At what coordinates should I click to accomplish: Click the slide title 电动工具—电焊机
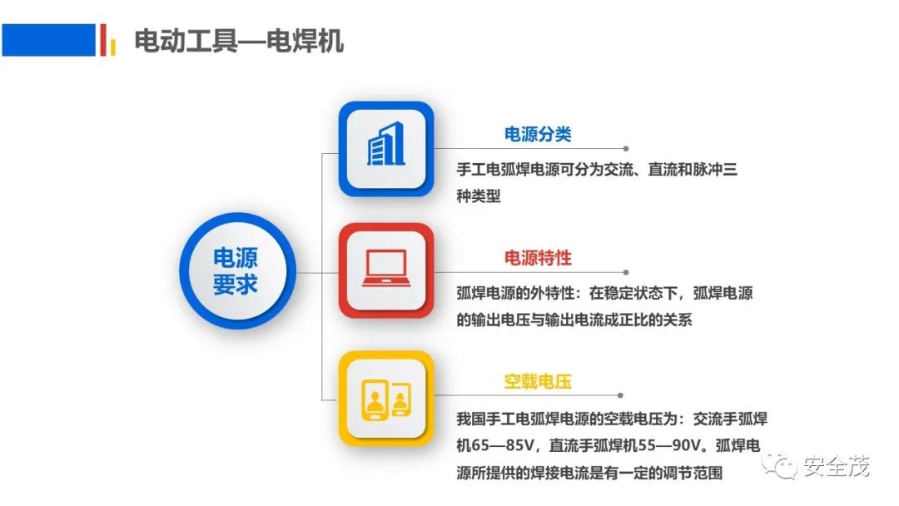pyautogui.click(x=239, y=42)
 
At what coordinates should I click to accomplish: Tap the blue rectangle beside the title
pyautogui.click(x=49, y=40)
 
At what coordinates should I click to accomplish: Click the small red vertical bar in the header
pyautogui.click(x=103, y=40)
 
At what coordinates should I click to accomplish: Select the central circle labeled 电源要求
pyautogui.click(x=237, y=271)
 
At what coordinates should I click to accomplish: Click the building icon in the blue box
pyautogui.click(x=386, y=145)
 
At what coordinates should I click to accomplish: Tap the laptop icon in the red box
pyautogui.click(x=386, y=268)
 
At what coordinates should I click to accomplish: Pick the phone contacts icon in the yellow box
pyautogui.click(x=386, y=399)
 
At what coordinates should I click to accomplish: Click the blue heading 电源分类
pyautogui.click(x=538, y=134)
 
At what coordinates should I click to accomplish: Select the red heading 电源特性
pyautogui.click(x=538, y=258)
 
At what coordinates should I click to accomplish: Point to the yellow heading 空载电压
pyautogui.click(x=538, y=382)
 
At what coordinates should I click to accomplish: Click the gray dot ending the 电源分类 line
pyautogui.click(x=625, y=149)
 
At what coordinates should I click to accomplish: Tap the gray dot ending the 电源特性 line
pyautogui.click(x=625, y=272)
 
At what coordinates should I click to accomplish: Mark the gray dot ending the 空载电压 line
pyautogui.click(x=620, y=395)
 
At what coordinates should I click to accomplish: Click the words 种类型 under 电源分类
pyautogui.click(x=478, y=196)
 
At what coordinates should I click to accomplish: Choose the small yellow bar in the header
pyautogui.click(x=113, y=47)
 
